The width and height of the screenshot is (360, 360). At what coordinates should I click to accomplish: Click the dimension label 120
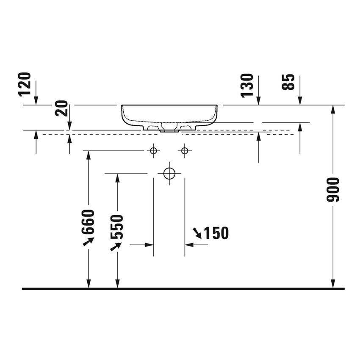(x=25, y=84)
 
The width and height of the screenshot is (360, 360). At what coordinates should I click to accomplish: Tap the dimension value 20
(x=62, y=108)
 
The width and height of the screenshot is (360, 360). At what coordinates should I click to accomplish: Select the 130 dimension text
(x=247, y=86)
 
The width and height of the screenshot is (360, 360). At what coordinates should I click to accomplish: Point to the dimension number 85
(x=288, y=82)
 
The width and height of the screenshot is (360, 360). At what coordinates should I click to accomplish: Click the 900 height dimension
(x=332, y=190)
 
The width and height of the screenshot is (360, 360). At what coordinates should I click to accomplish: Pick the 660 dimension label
(x=88, y=222)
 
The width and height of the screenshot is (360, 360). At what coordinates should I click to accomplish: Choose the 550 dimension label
(x=117, y=227)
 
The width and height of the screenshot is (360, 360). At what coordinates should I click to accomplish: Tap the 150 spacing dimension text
(x=216, y=233)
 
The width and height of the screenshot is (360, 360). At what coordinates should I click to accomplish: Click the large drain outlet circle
(x=169, y=173)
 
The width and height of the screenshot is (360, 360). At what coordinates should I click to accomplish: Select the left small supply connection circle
(x=153, y=151)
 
